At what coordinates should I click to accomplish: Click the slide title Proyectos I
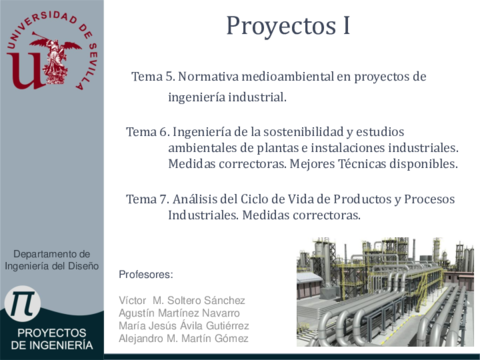click(x=288, y=26)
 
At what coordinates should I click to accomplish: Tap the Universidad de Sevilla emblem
click(x=52, y=51)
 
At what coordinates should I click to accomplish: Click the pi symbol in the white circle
click(x=22, y=303)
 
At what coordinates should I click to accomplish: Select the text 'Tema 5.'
click(x=153, y=77)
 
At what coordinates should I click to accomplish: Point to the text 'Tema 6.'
click(x=148, y=132)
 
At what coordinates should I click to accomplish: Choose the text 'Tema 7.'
click(x=148, y=199)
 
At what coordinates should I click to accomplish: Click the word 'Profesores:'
click(x=146, y=274)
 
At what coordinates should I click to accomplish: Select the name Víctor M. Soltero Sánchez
click(x=182, y=300)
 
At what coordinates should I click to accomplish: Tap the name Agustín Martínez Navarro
click(x=179, y=313)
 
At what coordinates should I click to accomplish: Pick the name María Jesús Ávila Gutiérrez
click(x=184, y=326)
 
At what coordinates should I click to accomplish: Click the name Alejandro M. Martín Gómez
click(x=184, y=338)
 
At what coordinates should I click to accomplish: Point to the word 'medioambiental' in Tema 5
click(x=288, y=77)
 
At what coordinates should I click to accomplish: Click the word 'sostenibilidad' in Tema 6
click(x=303, y=132)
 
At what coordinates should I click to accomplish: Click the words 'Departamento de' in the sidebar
click(x=52, y=254)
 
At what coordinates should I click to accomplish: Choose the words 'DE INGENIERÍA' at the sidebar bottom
click(x=52, y=345)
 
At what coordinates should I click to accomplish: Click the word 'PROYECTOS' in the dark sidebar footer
click(x=52, y=333)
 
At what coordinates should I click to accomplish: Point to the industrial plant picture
click(x=385, y=292)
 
